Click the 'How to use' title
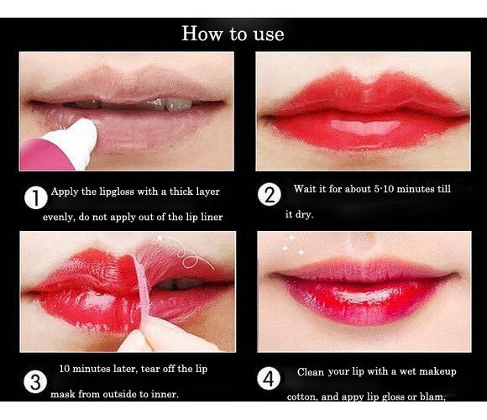233,34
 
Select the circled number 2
270,196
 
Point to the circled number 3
34,383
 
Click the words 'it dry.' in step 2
299,215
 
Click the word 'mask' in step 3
66,394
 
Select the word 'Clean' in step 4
312,372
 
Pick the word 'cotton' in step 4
301,397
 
